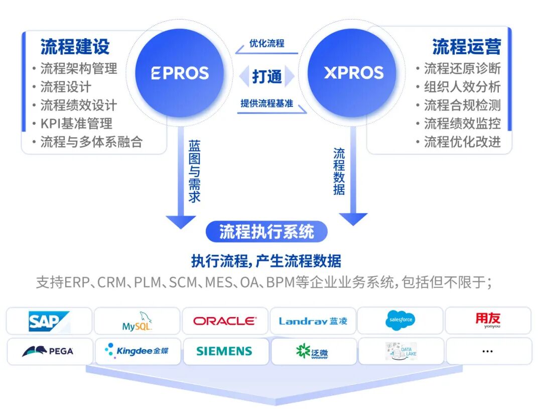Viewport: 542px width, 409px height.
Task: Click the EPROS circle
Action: click(180, 73)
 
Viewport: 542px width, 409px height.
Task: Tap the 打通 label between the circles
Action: click(266, 76)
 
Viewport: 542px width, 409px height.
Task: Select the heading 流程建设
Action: click(75, 47)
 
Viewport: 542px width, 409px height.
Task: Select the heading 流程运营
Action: click(466, 47)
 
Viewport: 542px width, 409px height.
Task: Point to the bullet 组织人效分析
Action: click(462, 87)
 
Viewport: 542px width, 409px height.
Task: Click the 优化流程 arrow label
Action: click(266, 44)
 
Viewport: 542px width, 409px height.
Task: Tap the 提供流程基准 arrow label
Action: click(266, 104)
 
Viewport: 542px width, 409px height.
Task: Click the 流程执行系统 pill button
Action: click(266, 232)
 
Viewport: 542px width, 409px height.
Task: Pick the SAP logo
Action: click(49, 321)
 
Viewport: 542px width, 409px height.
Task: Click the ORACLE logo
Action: click(224, 321)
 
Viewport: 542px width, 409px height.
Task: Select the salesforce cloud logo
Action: click(400, 321)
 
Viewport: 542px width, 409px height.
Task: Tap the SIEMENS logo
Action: click(224, 351)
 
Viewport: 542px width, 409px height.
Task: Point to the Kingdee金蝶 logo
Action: click(137, 351)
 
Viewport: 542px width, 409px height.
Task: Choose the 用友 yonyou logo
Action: click(487, 320)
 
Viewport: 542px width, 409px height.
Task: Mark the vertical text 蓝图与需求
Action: click(194, 171)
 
